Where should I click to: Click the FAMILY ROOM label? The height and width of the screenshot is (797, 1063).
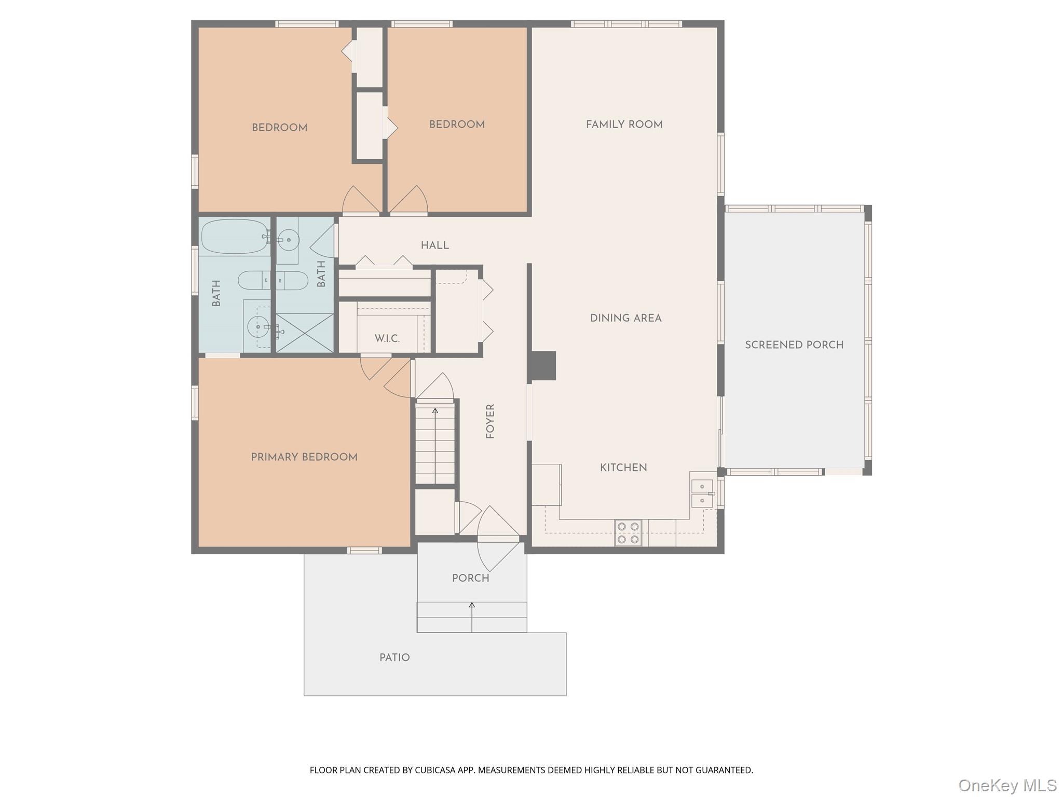624,125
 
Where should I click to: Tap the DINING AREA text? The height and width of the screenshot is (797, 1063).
625,318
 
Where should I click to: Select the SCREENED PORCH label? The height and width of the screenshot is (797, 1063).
794,345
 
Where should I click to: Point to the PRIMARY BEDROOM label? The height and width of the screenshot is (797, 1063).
304,457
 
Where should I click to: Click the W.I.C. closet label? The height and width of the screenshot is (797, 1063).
387,339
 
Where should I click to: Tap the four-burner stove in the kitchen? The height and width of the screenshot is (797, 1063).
628,533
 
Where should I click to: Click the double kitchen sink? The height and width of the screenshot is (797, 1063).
702,493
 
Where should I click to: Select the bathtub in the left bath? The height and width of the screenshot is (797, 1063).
234,237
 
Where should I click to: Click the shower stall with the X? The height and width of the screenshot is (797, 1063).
305,333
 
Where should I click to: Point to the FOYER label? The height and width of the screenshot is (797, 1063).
490,421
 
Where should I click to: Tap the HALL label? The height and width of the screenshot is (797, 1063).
435,245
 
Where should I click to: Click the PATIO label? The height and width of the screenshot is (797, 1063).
394,657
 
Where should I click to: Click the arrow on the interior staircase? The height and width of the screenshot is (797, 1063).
435,411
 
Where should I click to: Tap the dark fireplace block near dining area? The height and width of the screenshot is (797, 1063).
543,365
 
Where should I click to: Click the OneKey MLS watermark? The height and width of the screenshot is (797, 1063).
1007,786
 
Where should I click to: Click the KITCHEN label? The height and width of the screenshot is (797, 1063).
623,468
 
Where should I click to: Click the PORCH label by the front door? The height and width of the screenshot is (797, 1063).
470,578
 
